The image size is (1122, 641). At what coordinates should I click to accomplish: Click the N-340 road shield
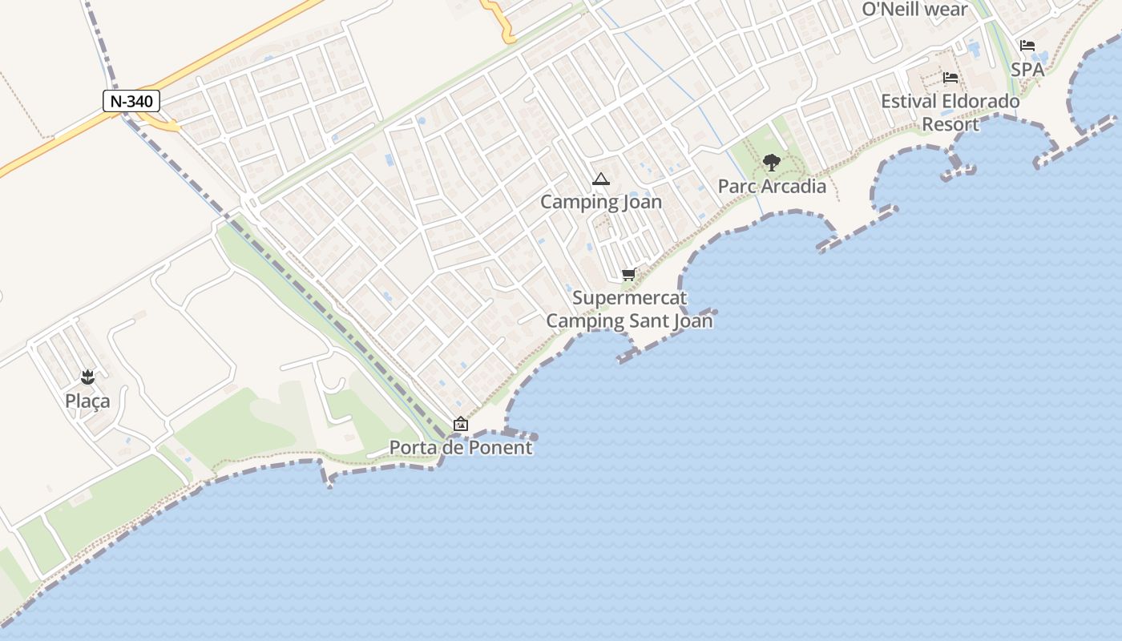pyautogui.click(x=132, y=101)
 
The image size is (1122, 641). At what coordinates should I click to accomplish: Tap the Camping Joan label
pyautogui.click(x=601, y=202)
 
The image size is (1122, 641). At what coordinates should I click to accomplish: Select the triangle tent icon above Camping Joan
pyautogui.click(x=601, y=179)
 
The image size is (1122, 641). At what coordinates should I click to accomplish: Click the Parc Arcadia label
pyautogui.click(x=772, y=187)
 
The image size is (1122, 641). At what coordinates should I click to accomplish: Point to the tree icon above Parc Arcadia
pyautogui.click(x=772, y=163)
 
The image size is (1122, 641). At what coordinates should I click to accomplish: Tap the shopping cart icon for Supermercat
pyautogui.click(x=629, y=275)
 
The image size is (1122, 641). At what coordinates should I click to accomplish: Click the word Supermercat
pyautogui.click(x=630, y=299)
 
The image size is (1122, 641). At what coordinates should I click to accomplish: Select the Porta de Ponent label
pyautogui.click(x=461, y=448)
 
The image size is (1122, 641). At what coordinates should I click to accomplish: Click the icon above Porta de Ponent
pyautogui.click(x=461, y=424)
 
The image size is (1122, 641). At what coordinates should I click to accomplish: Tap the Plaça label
pyautogui.click(x=87, y=401)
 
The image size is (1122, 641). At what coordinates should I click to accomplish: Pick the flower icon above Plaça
pyautogui.click(x=87, y=377)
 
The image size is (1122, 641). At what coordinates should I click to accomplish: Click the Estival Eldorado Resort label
pyautogui.click(x=950, y=113)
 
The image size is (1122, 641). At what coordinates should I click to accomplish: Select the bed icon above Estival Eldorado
pyautogui.click(x=950, y=78)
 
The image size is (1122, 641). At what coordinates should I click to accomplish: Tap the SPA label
pyautogui.click(x=1027, y=70)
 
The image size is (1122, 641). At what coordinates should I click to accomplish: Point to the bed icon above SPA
pyautogui.click(x=1027, y=46)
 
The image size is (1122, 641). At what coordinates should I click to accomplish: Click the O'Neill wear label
pyautogui.click(x=915, y=10)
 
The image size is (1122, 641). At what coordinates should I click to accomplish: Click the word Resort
pyautogui.click(x=950, y=125)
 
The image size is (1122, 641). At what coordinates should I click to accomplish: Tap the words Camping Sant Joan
pyautogui.click(x=630, y=321)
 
